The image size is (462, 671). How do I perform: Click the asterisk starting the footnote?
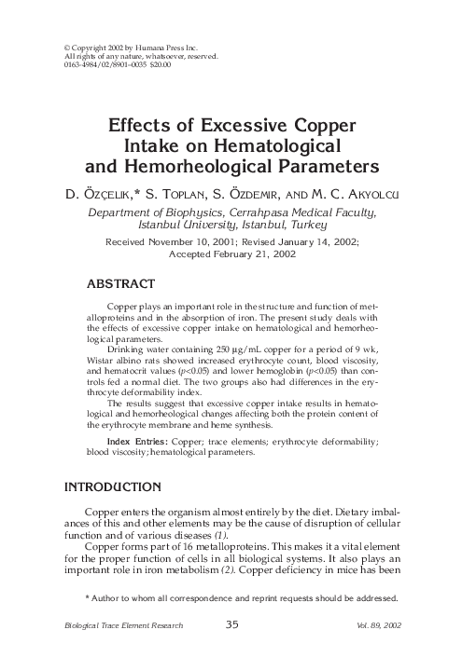click(x=87, y=598)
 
